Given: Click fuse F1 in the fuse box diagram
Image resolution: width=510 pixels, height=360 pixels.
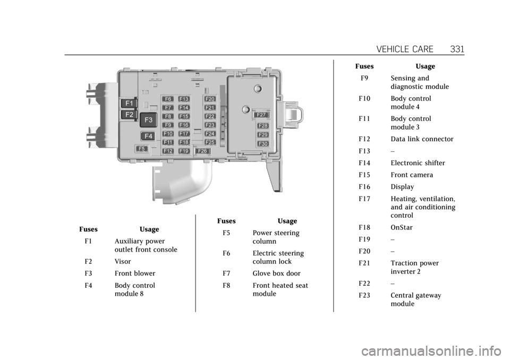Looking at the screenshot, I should (129, 103).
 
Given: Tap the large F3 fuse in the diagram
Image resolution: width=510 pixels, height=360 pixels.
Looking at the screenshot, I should (149, 120).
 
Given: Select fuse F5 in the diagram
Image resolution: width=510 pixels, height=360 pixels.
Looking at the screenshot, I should (142, 149).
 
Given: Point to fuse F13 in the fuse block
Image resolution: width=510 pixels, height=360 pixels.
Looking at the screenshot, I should (184, 99).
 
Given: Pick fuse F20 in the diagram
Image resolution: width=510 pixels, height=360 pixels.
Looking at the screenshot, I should (210, 99).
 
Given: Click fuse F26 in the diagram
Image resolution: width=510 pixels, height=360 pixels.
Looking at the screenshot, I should (201, 151).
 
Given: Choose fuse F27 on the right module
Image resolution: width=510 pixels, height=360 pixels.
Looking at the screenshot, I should (261, 115).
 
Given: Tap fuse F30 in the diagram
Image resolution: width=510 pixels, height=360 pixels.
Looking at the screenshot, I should (263, 143).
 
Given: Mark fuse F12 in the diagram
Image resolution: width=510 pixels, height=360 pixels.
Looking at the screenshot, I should (168, 151).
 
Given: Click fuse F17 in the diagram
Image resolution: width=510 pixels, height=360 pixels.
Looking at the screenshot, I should (184, 133).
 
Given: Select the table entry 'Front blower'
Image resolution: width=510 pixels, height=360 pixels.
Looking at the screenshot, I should (135, 273).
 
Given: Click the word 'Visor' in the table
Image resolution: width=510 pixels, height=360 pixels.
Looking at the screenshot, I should (123, 262).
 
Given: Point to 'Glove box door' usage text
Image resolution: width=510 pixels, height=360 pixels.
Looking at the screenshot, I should (276, 273).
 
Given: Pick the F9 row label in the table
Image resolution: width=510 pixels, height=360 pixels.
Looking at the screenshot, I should (365, 78).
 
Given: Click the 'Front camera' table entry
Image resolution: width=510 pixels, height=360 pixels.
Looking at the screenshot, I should (412, 175).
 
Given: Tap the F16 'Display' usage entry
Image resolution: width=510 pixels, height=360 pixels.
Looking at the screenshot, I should (402, 187).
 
